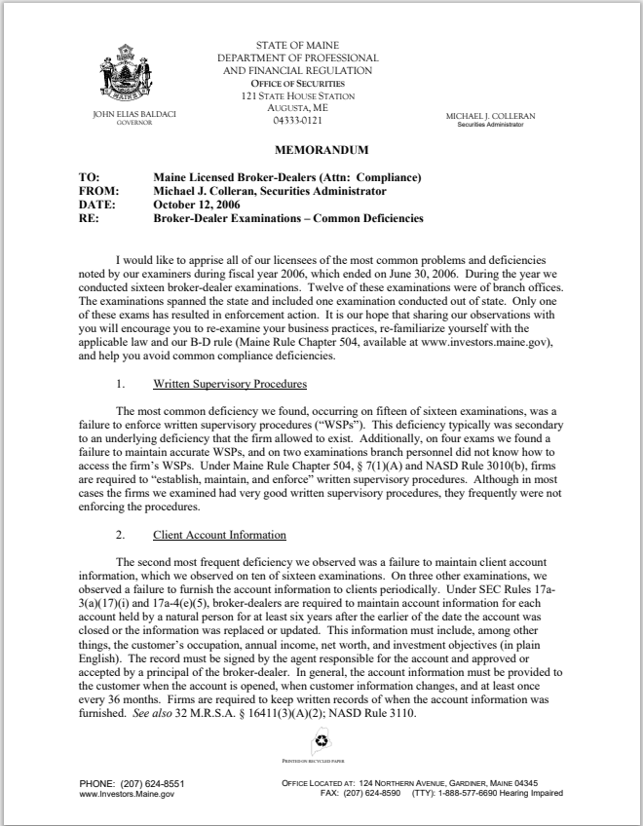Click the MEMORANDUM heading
[321, 151]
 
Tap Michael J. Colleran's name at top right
[490, 116]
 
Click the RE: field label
[88, 219]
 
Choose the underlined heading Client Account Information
[219, 536]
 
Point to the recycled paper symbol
[321, 746]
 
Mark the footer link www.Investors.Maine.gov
[126, 795]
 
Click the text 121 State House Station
[297, 96]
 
